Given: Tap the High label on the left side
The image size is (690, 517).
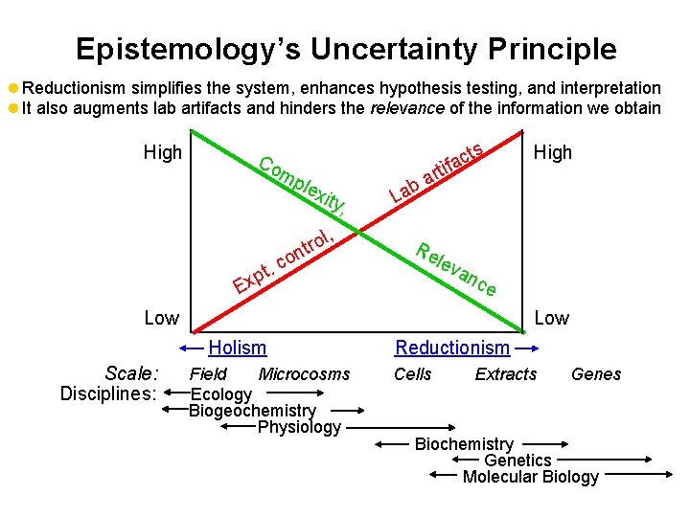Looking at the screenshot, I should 162,152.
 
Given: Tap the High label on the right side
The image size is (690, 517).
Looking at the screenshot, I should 552,152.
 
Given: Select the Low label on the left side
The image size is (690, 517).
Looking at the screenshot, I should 161,317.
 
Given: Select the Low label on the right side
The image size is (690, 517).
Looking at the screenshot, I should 551,317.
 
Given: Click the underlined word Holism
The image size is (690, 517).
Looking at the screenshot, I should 238,348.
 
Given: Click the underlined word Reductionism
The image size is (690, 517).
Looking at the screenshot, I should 452,348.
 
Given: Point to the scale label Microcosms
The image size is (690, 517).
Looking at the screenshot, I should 304,374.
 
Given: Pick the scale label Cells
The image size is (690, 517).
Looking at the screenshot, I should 413,374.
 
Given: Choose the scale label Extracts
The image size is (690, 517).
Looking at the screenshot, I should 506,374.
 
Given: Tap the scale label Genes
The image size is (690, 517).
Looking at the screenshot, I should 596,374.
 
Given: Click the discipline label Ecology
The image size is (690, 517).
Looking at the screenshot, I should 221,394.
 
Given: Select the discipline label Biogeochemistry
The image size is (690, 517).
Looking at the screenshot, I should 252,411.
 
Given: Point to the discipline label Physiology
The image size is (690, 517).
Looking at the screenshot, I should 299,427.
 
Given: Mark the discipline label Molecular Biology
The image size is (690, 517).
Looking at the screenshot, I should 530,477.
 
